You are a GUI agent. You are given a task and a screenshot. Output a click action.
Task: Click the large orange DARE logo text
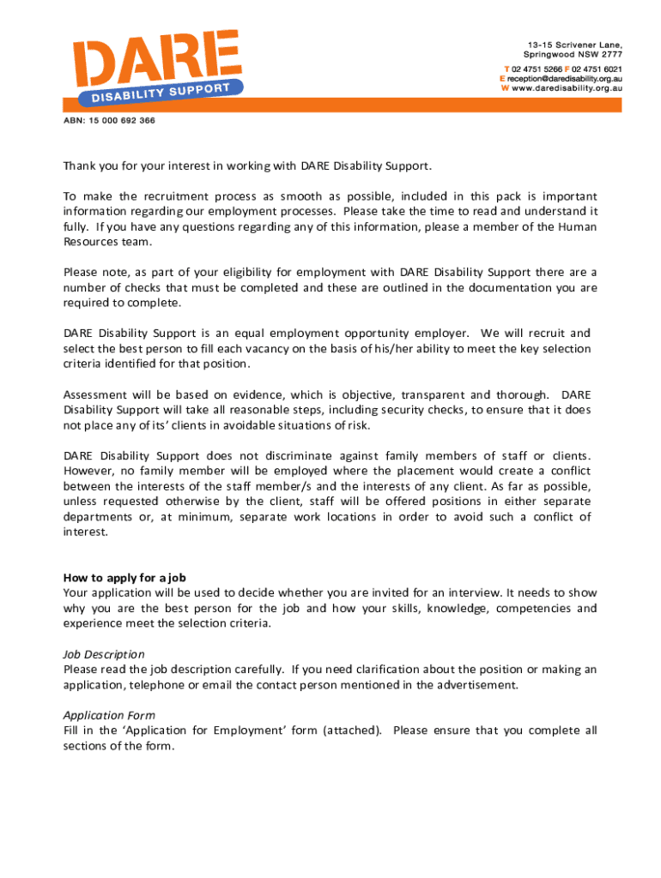click(155, 58)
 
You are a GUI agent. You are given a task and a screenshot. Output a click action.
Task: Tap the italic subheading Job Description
click(104, 653)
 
